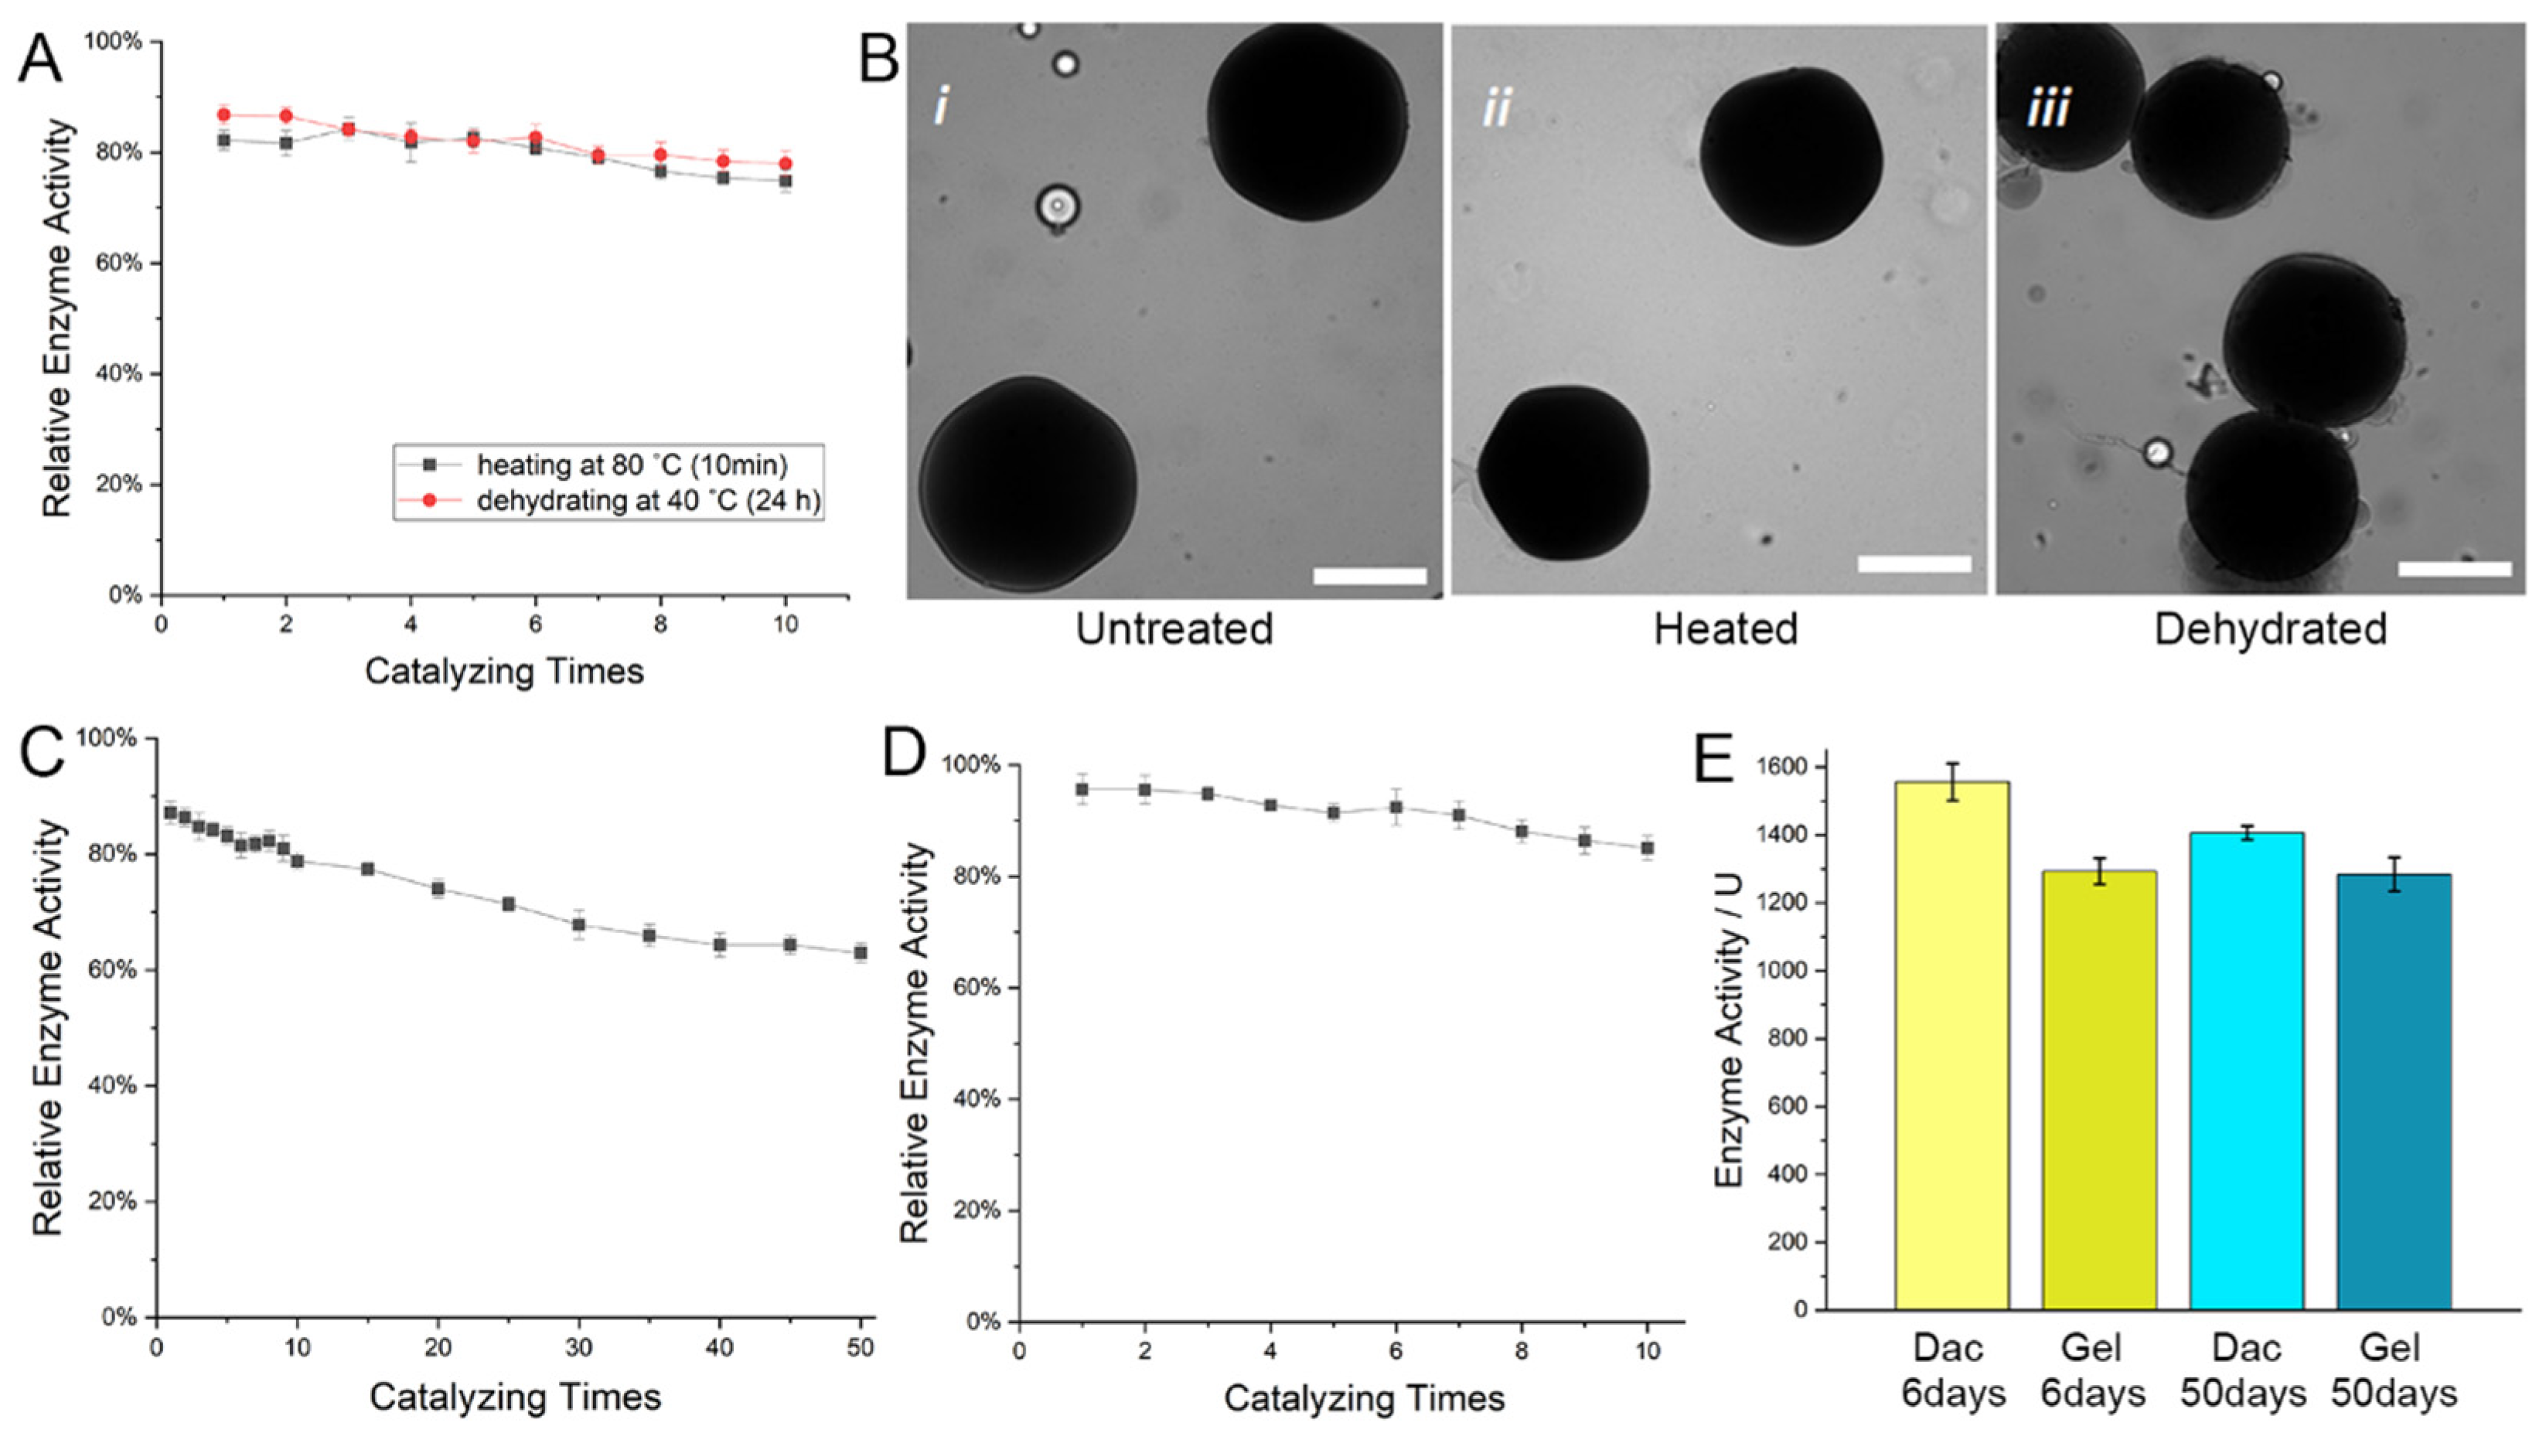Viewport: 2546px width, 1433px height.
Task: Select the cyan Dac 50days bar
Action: coord(2247,1071)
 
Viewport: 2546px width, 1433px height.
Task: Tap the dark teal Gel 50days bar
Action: coord(2394,1092)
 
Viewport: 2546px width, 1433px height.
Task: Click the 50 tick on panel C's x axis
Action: coord(861,1348)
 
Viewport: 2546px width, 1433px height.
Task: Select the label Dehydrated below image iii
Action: coord(2270,629)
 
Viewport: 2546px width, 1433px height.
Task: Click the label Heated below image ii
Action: coord(1726,629)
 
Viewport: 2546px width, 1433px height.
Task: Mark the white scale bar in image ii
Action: coord(1914,564)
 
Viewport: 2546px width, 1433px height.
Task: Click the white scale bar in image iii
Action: coord(2454,568)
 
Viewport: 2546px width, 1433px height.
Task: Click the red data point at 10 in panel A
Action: coord(786,164)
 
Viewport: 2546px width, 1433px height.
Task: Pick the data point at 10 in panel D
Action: coord(1648,848)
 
